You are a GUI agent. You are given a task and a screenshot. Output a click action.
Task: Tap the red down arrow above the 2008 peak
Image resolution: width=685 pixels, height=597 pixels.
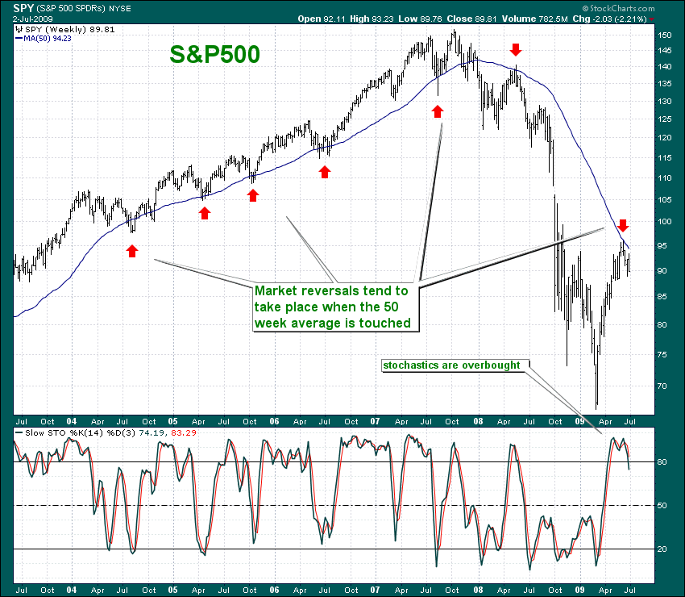(x=516, y=50)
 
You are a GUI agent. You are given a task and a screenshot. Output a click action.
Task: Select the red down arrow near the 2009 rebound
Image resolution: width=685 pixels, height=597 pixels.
(x=622, y=224)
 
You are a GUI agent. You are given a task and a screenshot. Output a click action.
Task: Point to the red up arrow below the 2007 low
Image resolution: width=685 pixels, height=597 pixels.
(x=438, y=110)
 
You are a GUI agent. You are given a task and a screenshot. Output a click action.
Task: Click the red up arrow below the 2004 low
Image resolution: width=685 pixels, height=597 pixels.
(x=132, y=251)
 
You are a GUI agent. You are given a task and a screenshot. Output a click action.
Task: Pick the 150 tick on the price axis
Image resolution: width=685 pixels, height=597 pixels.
(x=665, y=35)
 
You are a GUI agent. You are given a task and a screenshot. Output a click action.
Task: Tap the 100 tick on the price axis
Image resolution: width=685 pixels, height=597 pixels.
(x=665, y=222)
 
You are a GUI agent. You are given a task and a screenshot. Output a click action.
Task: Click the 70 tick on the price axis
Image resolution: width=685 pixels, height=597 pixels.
(x=665, y=386)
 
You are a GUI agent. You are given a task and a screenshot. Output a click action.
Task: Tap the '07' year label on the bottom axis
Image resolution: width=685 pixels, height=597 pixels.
(x=375, y=590)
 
